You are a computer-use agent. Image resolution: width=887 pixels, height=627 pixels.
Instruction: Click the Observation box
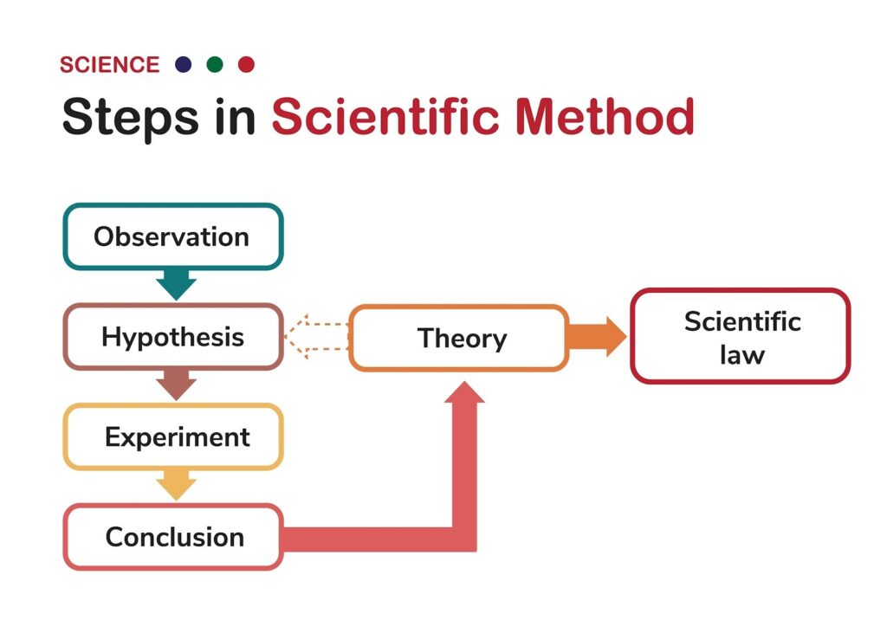173,236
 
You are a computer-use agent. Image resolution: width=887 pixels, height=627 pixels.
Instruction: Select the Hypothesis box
173,337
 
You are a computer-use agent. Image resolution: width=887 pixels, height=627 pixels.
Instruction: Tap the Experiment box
173,436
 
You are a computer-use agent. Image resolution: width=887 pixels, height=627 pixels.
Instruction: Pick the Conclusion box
173,537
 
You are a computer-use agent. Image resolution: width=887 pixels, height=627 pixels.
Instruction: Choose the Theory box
459,338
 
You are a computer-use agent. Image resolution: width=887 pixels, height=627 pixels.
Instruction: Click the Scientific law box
741,336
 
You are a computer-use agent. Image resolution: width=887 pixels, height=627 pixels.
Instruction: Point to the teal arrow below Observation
177,285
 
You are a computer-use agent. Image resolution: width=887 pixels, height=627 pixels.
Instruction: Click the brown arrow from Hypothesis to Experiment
177,385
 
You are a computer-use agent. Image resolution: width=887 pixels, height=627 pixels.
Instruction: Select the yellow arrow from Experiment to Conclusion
177,485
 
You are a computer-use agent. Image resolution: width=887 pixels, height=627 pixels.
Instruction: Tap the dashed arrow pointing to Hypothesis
315,337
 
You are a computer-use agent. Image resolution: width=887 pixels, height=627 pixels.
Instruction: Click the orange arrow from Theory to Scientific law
598,337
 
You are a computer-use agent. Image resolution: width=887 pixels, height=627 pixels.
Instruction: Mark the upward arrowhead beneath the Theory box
464,392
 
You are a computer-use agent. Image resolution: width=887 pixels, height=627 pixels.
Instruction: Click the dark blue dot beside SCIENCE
184,64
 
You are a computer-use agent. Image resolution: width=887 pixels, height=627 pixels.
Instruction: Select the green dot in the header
215,64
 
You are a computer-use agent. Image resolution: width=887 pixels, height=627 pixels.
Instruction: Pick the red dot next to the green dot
246,64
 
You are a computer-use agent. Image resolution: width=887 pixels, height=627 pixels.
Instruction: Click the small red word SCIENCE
110,65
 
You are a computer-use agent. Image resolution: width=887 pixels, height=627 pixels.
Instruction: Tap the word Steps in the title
131,118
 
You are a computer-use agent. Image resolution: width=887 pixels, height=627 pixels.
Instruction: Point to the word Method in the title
605,116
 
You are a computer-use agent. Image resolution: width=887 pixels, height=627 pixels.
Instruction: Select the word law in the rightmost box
742,355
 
